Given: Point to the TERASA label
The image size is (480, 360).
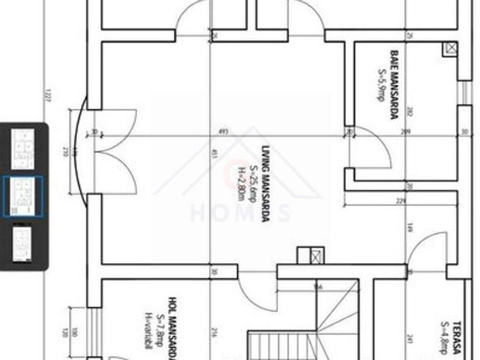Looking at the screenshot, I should tap(456, 337).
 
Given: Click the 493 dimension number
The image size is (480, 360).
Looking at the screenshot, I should tap(223, 132).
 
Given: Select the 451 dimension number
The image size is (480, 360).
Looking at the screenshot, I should tap(215, 153).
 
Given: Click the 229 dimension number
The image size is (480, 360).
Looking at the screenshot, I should tap(399, 201).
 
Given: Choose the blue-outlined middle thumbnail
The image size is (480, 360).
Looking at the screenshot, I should tap(24, 196).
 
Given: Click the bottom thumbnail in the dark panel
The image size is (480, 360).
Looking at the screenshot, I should tap(24, 244).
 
